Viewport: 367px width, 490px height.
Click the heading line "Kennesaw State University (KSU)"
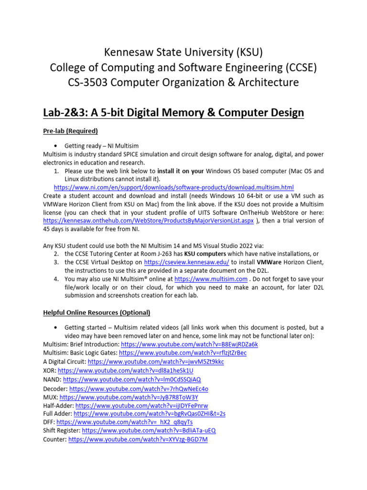tap(183, 51)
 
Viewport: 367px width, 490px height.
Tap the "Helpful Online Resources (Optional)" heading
tap(97, 312)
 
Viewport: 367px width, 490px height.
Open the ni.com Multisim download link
tap(173, 187)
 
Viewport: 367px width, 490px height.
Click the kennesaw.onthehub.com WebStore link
tap(148, 221)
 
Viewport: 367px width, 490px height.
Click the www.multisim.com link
tap(211, 279)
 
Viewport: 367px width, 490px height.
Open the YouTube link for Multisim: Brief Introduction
tap(189, 344)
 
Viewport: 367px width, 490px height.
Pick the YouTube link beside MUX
tap(129, 397)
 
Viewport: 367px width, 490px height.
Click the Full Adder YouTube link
tap(150, 413)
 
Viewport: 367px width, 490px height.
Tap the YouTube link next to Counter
tap(138, 439)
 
